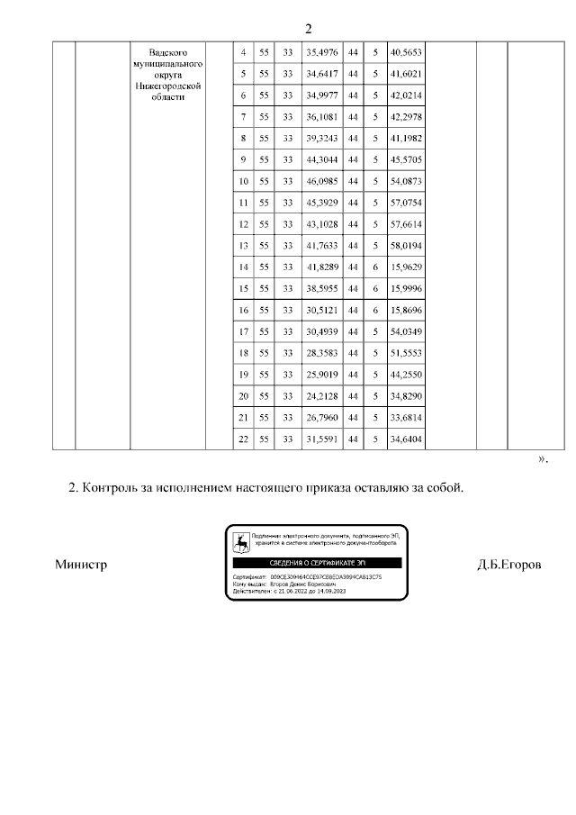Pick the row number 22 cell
coord(243,439)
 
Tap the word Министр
coord(81,566)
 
